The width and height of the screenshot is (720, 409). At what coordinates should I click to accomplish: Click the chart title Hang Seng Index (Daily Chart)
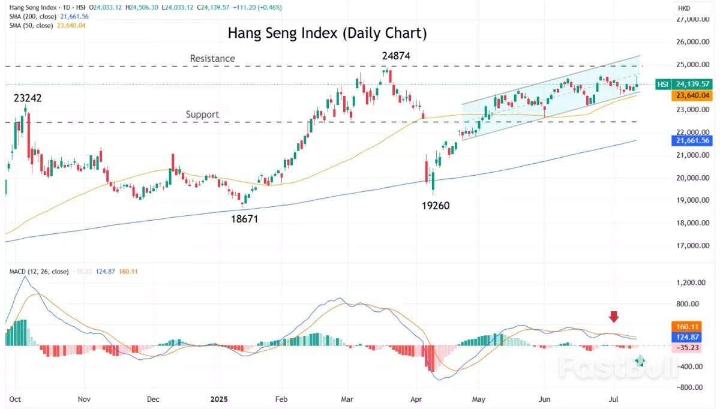click(327, 33)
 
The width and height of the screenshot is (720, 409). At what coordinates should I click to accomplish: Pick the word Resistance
click(212, 58)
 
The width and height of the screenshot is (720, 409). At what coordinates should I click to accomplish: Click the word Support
click(202, 114)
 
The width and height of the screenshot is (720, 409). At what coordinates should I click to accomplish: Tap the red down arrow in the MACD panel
click(613, 317)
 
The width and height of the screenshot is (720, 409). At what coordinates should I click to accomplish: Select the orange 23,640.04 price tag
click(692, 95)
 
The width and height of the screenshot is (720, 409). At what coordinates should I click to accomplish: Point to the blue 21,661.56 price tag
click(692, 140)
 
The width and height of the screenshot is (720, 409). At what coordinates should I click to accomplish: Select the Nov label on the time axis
click(84, 398)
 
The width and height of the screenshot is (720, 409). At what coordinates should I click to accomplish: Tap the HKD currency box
click(684, 8)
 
